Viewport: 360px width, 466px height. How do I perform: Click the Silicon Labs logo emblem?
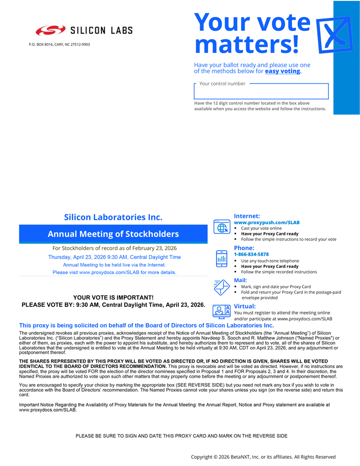click(50, 31)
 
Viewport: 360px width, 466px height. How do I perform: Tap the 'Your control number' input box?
click(261, 91)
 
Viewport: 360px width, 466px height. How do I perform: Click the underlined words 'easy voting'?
click(282, 71)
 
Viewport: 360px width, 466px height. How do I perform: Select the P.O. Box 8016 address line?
click(59, 45)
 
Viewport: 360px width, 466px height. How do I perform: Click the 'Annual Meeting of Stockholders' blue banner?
click(113, 234)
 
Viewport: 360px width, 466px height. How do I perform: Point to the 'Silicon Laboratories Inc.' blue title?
click(113, 217)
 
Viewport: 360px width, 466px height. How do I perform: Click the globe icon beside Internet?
click(222, 227)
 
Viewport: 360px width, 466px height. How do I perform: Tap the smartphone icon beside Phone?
click(222, 258)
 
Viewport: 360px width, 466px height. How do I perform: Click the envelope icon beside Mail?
click(222, 287)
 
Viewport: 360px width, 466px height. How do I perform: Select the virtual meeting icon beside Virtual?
click(222, 311)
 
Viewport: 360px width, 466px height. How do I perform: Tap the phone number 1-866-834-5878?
click(251, 254)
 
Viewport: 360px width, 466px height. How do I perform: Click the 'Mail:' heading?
click(240, 280)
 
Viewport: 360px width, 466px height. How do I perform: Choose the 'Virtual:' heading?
click(245, 306)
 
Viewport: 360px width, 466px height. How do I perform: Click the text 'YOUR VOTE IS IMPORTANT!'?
click(113, 298)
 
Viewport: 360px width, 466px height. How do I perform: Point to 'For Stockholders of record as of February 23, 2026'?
click(115, 248)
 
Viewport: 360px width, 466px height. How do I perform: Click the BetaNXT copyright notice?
click(263, 457)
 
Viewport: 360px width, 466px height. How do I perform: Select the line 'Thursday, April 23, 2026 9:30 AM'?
click(115, 257)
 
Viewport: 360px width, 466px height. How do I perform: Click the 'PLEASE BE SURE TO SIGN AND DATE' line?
click(181, 436)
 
